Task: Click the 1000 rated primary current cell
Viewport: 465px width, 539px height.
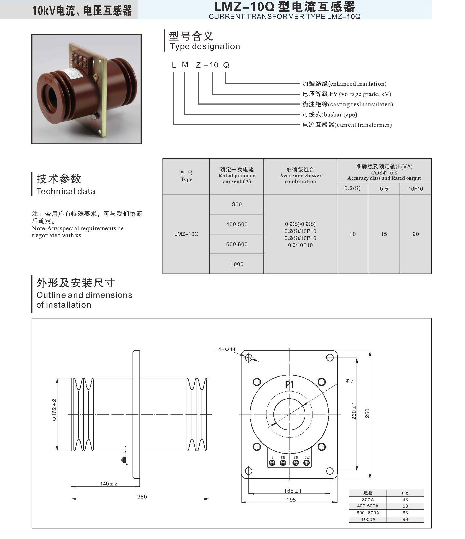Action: pos(237,264)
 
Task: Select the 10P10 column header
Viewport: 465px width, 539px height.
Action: pos(416,189)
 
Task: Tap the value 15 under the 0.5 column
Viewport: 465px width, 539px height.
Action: pos(384,234)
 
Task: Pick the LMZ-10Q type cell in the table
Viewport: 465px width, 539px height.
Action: pos(186,234)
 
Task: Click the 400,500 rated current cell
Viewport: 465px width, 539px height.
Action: pos(237,224)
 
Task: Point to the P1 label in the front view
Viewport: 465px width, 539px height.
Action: pos(289,384)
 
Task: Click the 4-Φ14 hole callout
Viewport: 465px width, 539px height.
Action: pos(227,349)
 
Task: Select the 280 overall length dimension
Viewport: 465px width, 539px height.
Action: pos(142,497)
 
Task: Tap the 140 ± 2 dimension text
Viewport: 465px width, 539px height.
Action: pos(109,484)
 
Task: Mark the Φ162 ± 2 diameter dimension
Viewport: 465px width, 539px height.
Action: pos(54,410)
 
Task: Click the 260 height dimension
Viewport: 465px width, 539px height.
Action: pos(367,413)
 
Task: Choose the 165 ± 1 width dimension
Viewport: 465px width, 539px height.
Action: pos(293,491)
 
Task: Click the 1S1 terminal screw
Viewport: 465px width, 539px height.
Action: pos(272,462)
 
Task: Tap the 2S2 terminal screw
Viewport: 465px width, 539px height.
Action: pos(306,462)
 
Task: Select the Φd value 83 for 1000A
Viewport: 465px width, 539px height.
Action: pos(405,519)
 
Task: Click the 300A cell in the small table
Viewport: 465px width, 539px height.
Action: pos(368,500)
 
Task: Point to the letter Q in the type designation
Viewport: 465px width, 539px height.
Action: pos(226,65)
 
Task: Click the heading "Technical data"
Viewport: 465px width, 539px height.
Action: pos(66,191)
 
